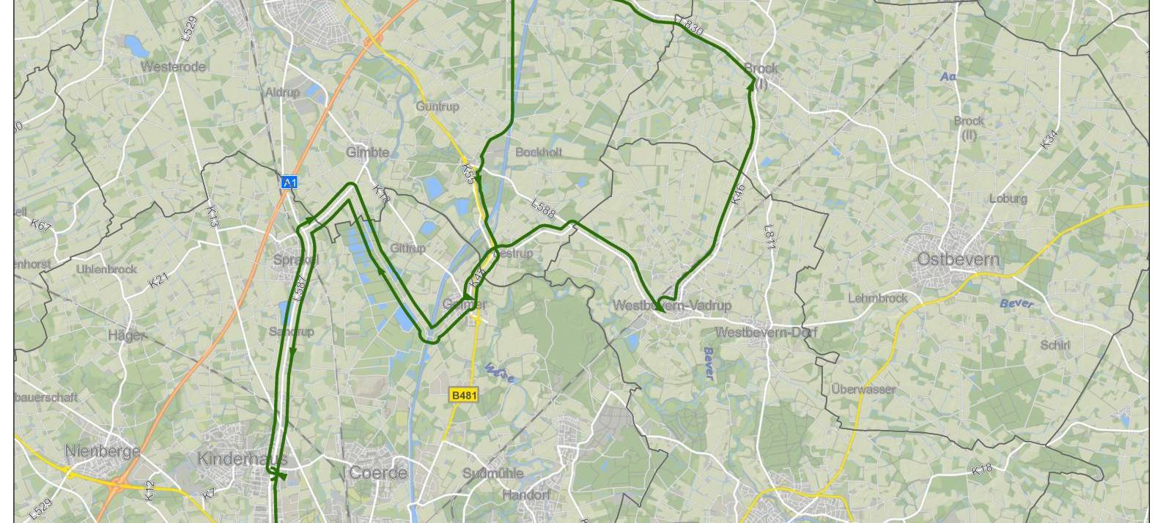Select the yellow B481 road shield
pos(464,396)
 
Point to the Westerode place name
pos(173,67)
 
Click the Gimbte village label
pos(368,152)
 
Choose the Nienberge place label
pos(103,451)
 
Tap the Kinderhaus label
pos(242,459)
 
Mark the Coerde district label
pos(377,472)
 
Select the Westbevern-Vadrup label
pos(672,305)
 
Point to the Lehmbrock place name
pos(878,298)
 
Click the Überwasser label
pos(863,389)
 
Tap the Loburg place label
pos(1008,199)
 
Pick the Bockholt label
pos(539,152)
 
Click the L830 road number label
pos(691,27)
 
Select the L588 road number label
pos(543,209)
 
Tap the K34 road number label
pos(1049,139)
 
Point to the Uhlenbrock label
pos(106,270)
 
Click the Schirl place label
pos(1055,345)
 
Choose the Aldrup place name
pos(282,93)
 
